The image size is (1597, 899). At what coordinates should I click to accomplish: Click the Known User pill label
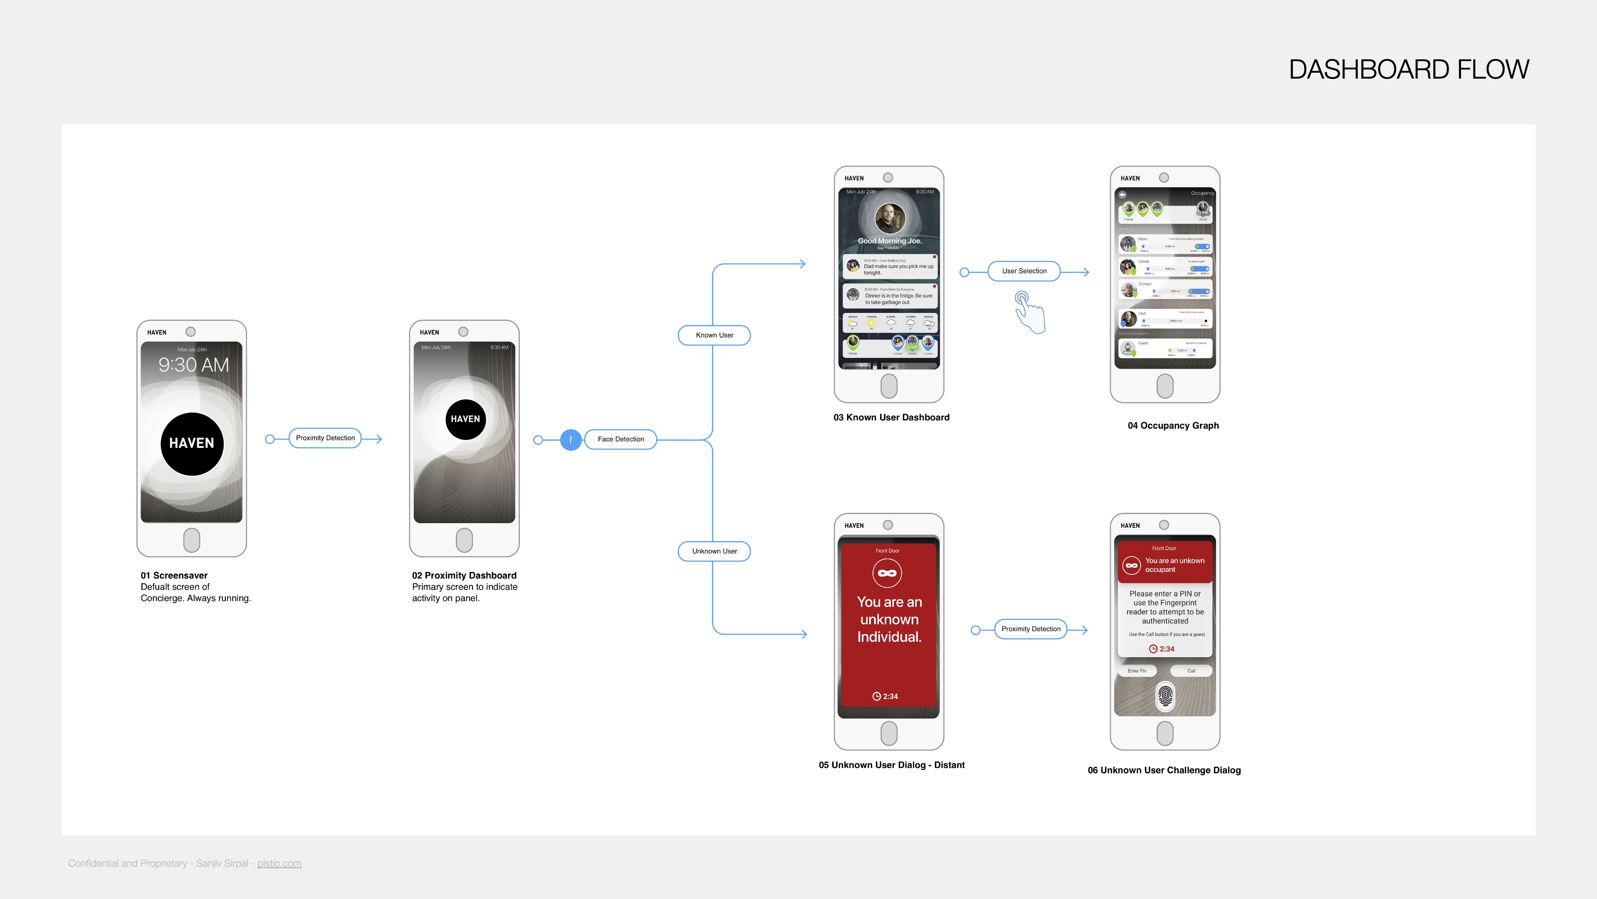pos(714,335)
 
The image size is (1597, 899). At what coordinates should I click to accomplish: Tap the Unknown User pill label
pos(714,551)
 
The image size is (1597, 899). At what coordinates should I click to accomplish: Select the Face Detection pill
pos(621,439)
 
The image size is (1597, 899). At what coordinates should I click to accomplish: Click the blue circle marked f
pos(570,440)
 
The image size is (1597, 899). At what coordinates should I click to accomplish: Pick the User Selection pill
pos(1024,271)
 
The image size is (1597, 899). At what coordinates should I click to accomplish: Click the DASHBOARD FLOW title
pos(1409,70)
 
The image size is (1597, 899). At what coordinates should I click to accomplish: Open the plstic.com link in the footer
pos(279,863)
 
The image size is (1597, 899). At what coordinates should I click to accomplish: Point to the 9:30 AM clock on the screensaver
pos(193,365)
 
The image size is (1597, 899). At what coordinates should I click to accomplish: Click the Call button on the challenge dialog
pos(1191,671)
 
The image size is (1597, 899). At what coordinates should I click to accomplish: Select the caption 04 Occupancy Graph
pos(1173,426)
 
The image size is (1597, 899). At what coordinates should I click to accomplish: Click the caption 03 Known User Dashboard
pos(891,417)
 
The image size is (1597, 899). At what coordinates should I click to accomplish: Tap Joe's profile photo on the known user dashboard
pos(890,219)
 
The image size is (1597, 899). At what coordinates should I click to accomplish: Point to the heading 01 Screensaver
pos(174,575)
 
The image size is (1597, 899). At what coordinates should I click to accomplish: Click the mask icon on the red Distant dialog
pos(887,573)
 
